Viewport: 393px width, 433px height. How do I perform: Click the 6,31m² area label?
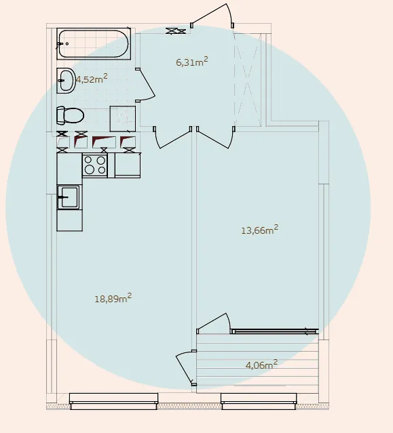coord(191,62)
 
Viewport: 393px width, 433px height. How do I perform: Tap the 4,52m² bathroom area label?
coord(92,79)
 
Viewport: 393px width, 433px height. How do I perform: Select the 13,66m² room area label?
coord(260,230)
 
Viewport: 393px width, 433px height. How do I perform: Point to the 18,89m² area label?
coord(113,298)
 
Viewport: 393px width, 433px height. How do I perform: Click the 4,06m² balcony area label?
coord(261,365)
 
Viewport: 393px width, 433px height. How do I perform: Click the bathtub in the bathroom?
coord(94,43)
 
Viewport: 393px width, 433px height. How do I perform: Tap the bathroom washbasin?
coord(66,81)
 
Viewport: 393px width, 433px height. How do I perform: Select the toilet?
coord(70,115)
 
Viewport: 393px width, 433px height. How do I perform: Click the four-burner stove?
coord(95,165)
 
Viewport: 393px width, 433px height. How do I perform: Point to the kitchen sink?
coord(69,197)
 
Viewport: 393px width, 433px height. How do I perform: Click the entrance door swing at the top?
coord(212,15)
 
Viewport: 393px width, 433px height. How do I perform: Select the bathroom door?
coord(145,85)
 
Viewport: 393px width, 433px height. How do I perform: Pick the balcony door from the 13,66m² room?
coord(214,323)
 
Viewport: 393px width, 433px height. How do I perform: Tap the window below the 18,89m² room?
coord(113,401)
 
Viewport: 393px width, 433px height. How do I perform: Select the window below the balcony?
coord(259,401)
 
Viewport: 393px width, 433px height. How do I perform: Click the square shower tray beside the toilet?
coord(123,119)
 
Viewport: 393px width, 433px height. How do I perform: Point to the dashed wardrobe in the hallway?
coord(248,79)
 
